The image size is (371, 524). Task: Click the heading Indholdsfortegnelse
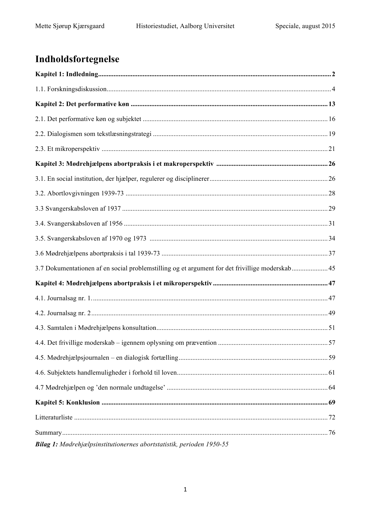77,59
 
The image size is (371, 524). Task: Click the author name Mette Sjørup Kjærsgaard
70,26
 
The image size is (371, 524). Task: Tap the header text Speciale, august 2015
305,26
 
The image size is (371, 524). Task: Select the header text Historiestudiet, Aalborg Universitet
185,26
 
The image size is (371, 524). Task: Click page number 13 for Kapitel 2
332,104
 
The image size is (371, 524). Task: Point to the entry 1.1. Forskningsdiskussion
71,89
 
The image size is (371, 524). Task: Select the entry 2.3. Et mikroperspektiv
67,149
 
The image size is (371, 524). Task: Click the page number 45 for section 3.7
332,268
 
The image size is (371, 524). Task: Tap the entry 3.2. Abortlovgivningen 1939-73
79,193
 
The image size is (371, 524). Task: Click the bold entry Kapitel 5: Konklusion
67,402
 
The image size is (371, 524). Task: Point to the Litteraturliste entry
54,417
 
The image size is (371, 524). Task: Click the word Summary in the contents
48,432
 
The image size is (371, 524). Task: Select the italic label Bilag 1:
46,444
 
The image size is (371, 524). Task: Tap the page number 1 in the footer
185,489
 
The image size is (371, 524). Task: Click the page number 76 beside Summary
332,432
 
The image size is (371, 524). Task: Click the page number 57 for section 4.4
332,343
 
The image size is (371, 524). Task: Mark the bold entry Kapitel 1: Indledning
67,74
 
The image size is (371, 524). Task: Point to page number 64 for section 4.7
332,387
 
